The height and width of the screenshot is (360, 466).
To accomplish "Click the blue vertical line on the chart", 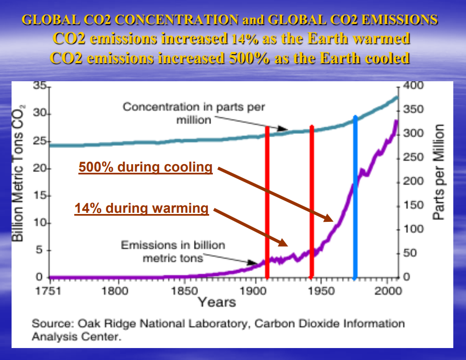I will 355,198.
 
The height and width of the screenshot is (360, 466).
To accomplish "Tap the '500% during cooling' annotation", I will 146,167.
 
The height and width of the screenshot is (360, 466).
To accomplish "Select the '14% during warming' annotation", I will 141,209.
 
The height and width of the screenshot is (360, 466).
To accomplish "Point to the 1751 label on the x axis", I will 49,291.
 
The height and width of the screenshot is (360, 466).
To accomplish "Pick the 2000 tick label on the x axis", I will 388,291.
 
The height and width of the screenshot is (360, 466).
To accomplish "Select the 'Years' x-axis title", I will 217,302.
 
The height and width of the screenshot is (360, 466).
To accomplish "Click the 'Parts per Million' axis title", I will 440,172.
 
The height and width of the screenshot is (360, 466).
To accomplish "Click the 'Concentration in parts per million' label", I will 194,113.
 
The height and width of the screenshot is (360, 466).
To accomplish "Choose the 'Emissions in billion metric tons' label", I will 173,252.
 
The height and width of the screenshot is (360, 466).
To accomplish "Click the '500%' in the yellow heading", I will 249,58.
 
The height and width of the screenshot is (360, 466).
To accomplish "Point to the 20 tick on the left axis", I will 40,169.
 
